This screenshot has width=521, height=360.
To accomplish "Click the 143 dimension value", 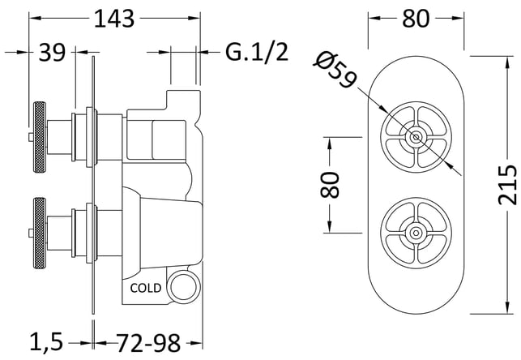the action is (114, 19).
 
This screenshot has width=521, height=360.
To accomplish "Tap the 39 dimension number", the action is (52, 53).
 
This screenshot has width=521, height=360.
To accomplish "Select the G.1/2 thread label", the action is (257, 52).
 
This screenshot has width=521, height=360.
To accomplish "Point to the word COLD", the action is (146, 288).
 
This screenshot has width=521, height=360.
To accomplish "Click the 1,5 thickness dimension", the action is (46, 342).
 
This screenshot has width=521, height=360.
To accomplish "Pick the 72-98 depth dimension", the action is (148, 343).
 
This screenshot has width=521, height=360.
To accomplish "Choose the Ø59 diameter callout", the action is (335, 71).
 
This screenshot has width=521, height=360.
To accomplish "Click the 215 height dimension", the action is (508, 185).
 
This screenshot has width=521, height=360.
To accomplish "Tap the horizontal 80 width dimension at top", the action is (416, 19).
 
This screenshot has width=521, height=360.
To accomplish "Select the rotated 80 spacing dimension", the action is (329, 185).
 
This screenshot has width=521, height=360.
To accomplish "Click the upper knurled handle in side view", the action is (40, 137).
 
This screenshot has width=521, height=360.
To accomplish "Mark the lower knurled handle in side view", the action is (40, 233).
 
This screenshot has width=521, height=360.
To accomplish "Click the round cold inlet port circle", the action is (183, 286).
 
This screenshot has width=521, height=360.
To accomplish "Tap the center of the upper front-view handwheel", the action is (416, 137).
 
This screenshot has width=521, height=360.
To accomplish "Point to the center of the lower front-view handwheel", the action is (416, 233).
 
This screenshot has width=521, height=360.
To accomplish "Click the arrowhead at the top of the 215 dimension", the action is (507, 62).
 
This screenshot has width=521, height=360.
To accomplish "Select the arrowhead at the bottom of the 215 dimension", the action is (507, 307).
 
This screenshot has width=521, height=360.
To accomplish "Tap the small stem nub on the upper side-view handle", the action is (31, 137).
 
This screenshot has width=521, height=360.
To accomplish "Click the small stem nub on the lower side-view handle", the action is (31, 233).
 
